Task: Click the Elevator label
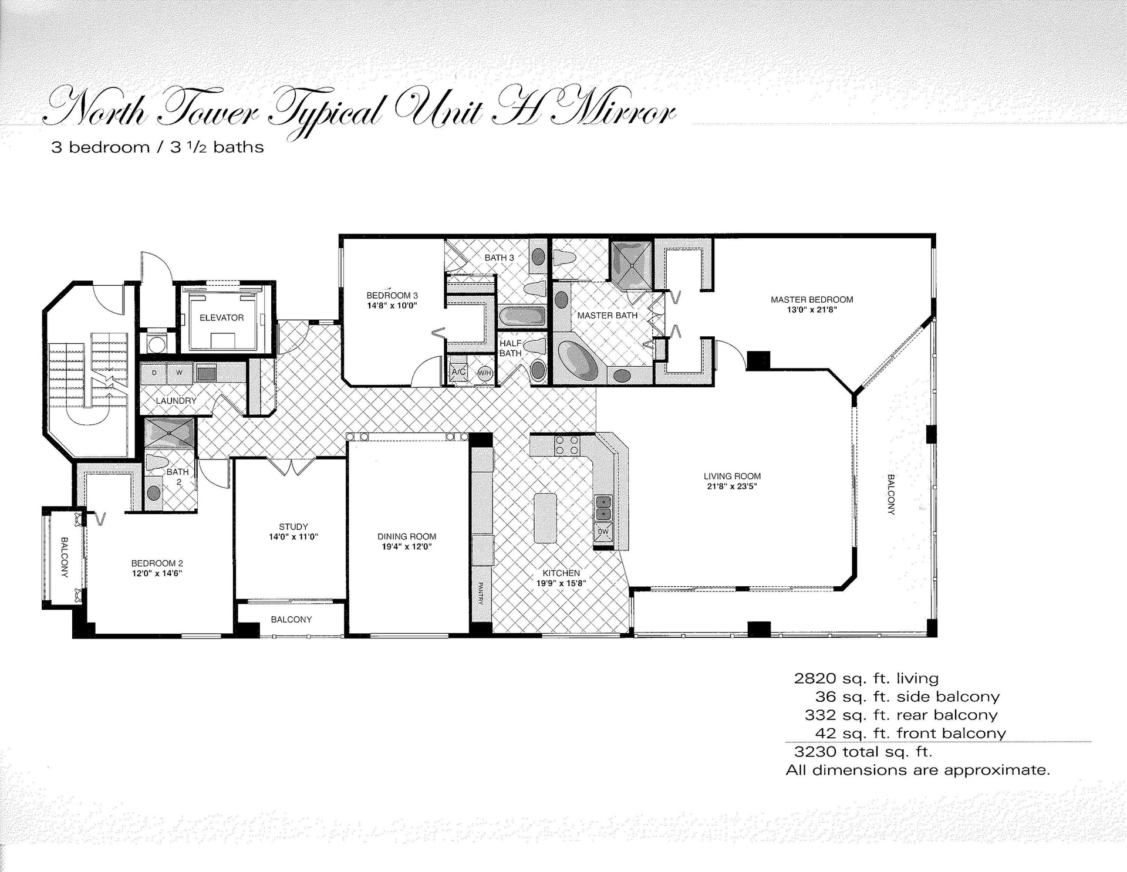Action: point(221,318)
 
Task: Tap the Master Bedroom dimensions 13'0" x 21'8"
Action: point(812,310)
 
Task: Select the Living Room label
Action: point(732,476)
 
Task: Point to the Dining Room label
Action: point(407,536)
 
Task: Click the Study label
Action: point(293,527)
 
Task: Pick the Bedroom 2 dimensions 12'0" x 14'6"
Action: point(157,573)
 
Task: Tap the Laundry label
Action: point(176,401)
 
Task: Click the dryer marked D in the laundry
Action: point(154,373)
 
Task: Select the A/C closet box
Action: point(458,372)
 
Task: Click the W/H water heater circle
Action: point(484,373)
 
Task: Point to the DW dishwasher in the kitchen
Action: point(603,532)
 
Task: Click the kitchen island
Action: point(545,518)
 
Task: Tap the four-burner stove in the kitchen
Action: point(567,445)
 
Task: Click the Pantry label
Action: point(480,593)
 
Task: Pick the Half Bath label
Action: point(510,348)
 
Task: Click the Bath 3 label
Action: point(499,258)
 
